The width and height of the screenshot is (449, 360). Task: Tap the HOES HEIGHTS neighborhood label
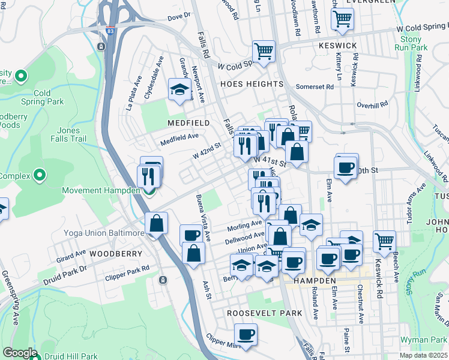click(x=251, y=84)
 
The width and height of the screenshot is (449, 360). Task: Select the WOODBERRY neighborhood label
click(x=116, y=254)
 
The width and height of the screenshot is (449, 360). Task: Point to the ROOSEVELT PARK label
click(x=264, y=313)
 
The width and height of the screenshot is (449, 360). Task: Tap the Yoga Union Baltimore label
click(x=104, y=233)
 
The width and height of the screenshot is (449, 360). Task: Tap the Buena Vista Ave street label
click(x=203, y=218)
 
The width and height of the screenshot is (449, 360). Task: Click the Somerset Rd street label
click(x=315, y=87)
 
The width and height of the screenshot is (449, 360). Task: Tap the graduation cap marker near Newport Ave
click(x=179, y=90)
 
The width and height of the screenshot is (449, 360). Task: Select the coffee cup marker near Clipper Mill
click(x=245, y=335)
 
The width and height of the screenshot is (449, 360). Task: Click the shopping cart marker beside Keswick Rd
click(x=384, y=242)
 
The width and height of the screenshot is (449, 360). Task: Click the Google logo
click(x=20, y=353)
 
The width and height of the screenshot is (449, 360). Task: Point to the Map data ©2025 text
click(x=424, y=355)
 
